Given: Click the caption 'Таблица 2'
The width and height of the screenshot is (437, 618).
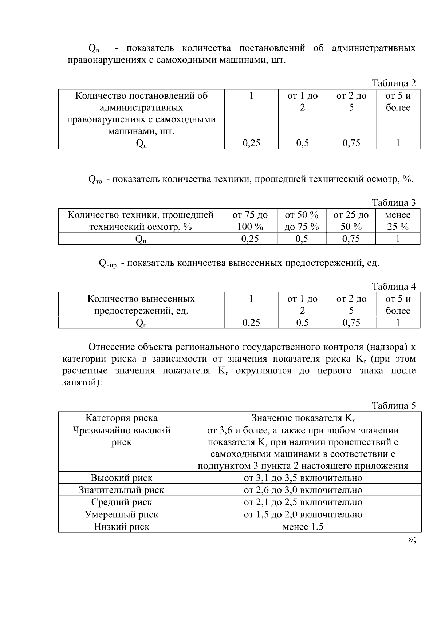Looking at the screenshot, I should coord(394,83).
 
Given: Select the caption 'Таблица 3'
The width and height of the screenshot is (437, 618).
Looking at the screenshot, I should coord(394,202).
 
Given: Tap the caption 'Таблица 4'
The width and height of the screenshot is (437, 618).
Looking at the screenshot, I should coord(394,286).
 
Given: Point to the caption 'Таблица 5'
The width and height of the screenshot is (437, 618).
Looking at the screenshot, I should coord(394,406).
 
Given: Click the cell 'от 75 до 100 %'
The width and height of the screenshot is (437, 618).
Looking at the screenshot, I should coord(250,221).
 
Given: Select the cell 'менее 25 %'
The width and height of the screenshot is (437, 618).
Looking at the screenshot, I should coord(398,221).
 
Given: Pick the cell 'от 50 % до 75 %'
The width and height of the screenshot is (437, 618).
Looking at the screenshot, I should coord(302,221).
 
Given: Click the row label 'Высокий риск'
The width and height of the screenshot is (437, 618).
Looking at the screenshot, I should coord(121,478).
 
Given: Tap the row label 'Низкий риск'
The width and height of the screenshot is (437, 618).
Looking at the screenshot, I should coord(121,527).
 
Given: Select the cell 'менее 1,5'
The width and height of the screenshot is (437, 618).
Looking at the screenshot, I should coord(303,527).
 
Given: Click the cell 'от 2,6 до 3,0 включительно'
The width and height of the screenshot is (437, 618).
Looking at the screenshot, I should coord(303,490).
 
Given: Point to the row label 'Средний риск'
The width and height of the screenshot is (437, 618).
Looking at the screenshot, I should coord(121,502).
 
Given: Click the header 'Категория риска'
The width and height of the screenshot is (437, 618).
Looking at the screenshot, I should coord(121,418).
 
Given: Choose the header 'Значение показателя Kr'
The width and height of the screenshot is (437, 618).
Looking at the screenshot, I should coord(303,418).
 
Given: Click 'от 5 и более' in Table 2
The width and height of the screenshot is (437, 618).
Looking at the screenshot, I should coord(398,102).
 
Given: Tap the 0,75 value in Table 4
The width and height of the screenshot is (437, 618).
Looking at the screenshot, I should coord(351,322).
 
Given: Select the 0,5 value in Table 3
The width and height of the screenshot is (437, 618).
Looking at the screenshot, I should coord(302,239).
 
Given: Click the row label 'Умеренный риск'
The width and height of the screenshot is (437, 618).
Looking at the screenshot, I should coord(121,515).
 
